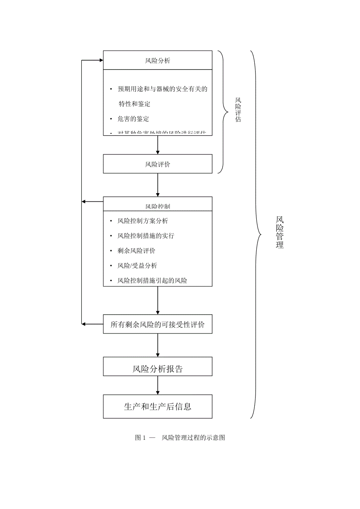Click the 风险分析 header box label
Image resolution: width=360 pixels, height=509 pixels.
(158, 61)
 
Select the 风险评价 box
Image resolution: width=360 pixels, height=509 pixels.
(158, 164)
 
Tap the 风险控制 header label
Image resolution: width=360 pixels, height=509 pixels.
(158, 206)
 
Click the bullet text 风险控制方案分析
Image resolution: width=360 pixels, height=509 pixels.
(143, 221)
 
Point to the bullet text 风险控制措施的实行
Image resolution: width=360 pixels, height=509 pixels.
(146, 236)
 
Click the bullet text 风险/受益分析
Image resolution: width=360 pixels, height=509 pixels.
(137, 265)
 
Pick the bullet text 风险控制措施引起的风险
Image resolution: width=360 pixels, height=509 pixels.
(152, 280)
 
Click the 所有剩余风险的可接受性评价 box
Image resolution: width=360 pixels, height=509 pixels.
(158, 324)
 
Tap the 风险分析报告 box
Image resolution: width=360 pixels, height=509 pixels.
(158, 369)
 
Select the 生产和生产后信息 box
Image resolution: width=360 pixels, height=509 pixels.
(158, 407)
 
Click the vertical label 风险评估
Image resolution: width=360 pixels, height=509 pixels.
(238, 110)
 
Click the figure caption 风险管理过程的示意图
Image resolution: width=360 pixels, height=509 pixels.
(193, 437)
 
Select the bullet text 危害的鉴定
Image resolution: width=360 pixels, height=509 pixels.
(133, 118)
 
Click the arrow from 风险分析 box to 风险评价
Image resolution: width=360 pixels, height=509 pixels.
(158, 145)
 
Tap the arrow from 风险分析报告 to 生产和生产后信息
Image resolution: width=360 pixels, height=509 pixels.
(158, 385)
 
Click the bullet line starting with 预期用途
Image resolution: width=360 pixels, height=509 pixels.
(162, 89)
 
